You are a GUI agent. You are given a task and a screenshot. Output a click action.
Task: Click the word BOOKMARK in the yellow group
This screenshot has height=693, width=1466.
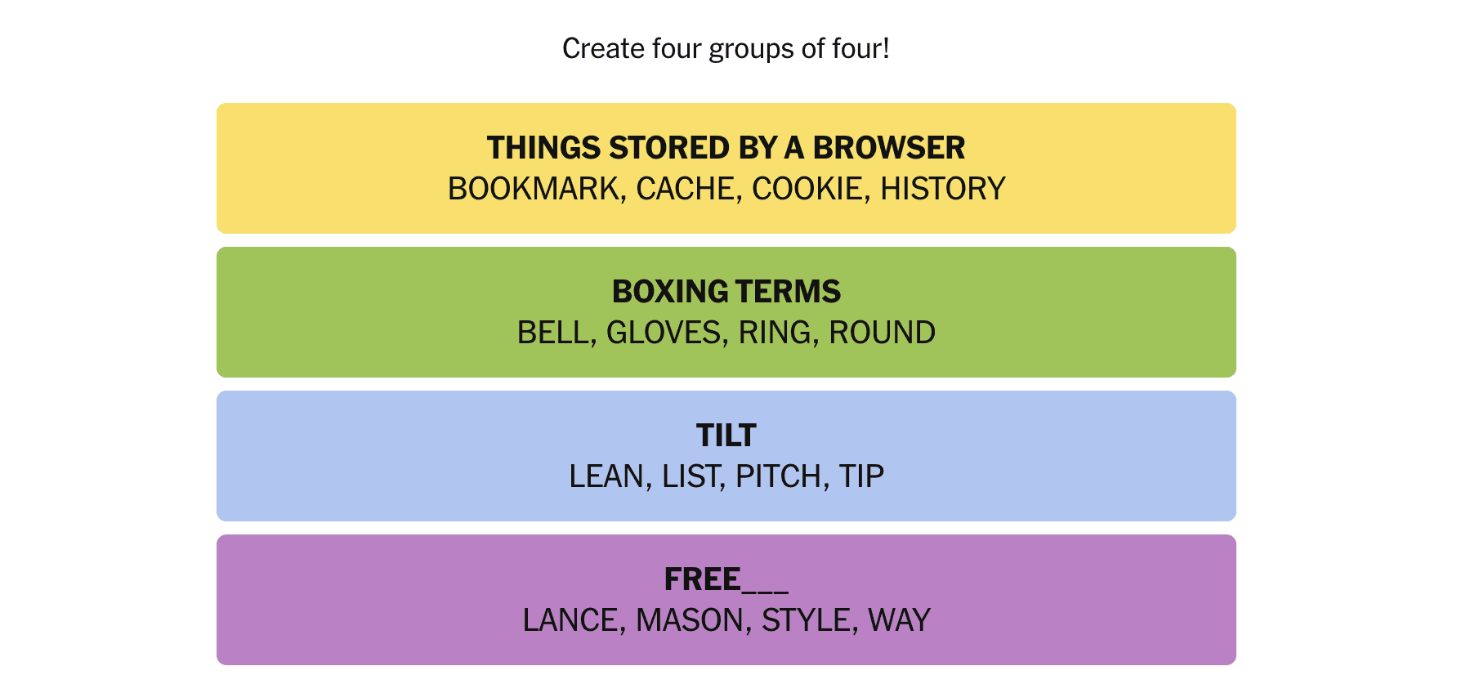[x=534, y=189]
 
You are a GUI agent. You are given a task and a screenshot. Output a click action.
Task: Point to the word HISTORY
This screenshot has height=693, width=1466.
[x=943, y=189]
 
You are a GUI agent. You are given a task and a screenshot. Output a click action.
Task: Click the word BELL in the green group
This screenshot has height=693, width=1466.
[x=554, y=333]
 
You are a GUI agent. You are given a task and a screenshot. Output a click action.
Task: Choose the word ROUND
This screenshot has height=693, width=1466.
[x=883, y=333]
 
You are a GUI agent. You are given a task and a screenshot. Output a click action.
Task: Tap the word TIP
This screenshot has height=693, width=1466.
[x=862, y=476]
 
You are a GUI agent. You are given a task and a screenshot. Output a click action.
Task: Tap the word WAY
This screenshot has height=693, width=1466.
[x=900, y=620]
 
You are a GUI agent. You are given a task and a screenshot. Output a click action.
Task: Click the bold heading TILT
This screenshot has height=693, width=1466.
[x=726, y=436]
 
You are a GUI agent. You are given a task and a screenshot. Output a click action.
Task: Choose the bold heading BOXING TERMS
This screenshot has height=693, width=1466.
[x=726, y=292]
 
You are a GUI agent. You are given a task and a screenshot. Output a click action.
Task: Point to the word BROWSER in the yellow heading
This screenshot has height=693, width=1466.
[x=889, y=148]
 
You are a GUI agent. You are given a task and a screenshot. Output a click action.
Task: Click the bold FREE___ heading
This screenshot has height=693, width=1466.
[x=726, y=579]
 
